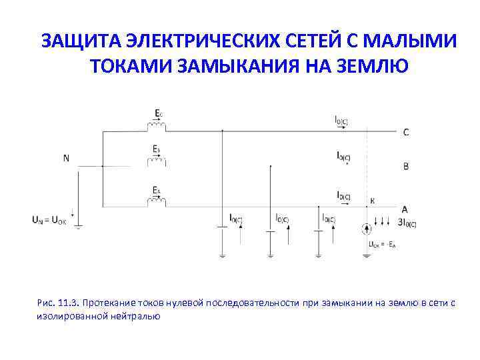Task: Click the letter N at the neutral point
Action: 66,158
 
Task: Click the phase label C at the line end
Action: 406,132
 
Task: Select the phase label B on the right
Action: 406,166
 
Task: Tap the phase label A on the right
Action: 405,209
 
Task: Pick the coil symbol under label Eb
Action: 157,161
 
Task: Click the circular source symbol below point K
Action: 367,229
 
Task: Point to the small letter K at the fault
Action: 372,200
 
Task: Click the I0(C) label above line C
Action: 342,121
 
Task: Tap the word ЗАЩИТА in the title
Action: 74,41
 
